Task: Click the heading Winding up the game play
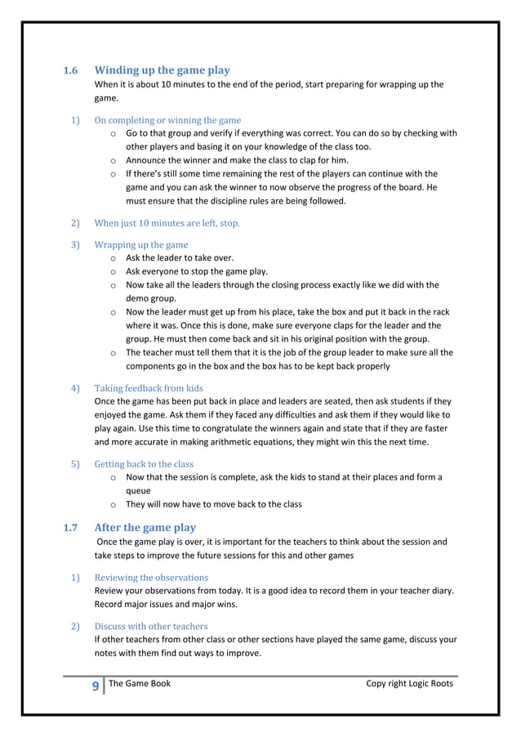pyautogui.click(x=163, y=70)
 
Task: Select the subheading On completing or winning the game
pyautogui.click(x=167, y=120)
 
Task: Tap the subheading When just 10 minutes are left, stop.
pyautogui.click(x=167, y=222)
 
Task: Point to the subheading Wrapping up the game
pyautogui.click(x=141, y=244)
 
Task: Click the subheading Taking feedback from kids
pyautogui.click(x=149, y=387)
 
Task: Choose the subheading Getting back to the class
pyautogui.click(x=144, y=464)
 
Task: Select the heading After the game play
pyautogui.click(x=145, y=527)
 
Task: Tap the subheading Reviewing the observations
pyautogui.click(x=151, y=577)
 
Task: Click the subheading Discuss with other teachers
pyautogui.click(x=151, y=627)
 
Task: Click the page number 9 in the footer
pyautogui.click(x=96, y=686)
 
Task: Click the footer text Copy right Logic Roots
pyautogui.click(x=409, y=683)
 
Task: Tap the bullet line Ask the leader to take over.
pyautogui.click(x=179, y=257)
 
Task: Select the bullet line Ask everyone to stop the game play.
pyautogui.click(x=196, y=271)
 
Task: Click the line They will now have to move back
pyautogui.click(x=213, y=504)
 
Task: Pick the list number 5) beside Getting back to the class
pyautogui.click(x=74, y=464)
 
